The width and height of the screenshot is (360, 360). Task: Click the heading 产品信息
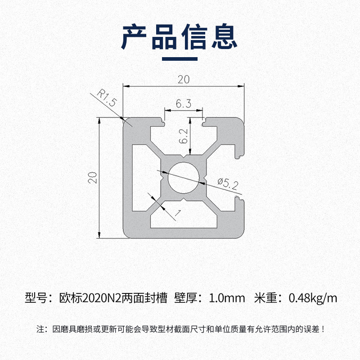pyautogui.click(x=180, y=37)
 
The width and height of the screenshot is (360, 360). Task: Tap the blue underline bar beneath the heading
pyautogui.click(x=180, y=58)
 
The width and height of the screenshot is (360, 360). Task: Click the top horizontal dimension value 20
pyautogui.click(x=184, y=80)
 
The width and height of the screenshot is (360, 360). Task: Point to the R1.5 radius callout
pyautogui.click(x=106, y=98)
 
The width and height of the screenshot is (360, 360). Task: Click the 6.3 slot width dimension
pyautogui.click(x=184, y=104)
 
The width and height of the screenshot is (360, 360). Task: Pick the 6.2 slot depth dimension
pyautogui.click(x=183, y=135)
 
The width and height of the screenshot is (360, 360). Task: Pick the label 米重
pyautogui.click(x=266, y=297)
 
